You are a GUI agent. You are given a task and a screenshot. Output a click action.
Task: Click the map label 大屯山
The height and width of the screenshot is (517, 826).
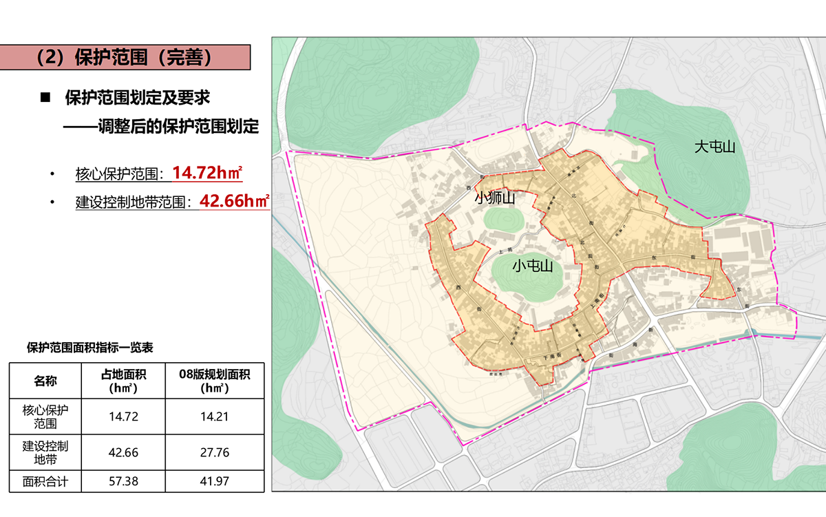(715, 147)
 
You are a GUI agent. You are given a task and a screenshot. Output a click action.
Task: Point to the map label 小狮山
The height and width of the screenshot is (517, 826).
(495, 198)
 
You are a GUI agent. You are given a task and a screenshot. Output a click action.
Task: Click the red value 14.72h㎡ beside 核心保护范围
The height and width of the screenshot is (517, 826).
(206, 172)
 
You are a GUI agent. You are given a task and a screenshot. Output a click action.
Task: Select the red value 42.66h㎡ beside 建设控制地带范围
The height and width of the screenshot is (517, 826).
(233, 201)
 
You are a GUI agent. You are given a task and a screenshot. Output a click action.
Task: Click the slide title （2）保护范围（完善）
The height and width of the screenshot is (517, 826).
(123, 57)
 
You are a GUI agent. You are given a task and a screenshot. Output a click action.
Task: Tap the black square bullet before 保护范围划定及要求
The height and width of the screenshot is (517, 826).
(46, 97)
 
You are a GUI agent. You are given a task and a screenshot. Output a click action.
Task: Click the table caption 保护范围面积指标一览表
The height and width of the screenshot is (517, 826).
(89, 348)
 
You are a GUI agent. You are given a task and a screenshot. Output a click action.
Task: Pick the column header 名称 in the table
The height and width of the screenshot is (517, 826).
(45, 381)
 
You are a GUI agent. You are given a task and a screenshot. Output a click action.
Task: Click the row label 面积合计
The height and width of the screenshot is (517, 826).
(45, 481)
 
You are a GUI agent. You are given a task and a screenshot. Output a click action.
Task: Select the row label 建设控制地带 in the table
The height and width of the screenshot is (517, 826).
(45, 453)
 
